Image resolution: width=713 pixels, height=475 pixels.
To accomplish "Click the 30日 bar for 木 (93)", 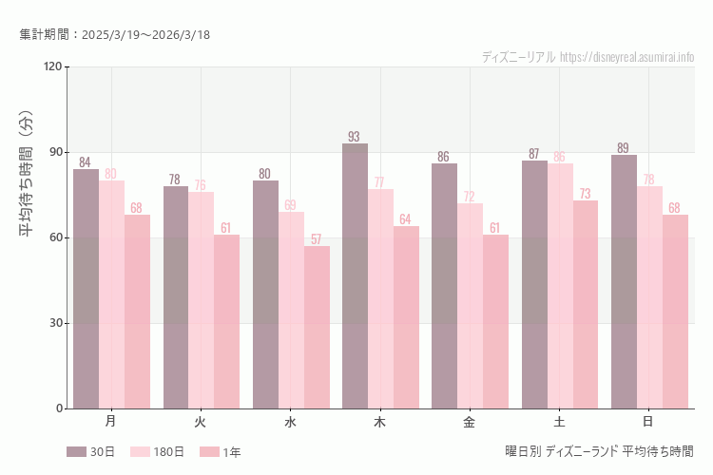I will (355, 275).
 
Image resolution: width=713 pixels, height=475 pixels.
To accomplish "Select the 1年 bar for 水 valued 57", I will (317, 327).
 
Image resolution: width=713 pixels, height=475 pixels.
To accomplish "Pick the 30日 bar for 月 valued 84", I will (87, 289).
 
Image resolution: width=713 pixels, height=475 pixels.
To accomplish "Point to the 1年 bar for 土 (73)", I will (586, 304).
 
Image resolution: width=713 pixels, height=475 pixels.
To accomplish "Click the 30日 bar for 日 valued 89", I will (624, 281).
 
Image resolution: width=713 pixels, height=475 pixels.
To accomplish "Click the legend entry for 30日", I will (90, 452).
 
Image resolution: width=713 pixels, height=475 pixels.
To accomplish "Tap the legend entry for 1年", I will (221, 452).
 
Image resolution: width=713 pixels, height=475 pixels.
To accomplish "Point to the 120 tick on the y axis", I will (52, 66).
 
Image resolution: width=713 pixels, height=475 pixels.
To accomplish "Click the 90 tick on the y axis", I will (55, 152).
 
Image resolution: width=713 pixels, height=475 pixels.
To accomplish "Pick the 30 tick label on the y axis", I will (55, 323).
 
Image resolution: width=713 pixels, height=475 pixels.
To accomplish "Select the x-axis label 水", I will (291, 421).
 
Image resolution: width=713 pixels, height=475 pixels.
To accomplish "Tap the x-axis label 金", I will (470, 421).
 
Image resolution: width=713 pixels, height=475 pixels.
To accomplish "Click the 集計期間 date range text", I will (115, 34).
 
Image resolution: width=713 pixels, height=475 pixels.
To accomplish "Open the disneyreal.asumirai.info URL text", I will (626, 57).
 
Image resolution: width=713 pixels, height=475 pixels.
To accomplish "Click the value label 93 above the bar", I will (355, 136).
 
